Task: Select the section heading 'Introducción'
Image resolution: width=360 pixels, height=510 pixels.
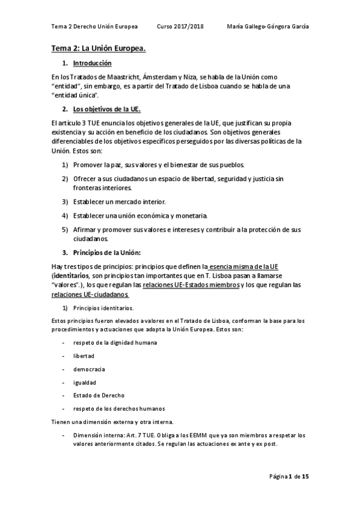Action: [x=91, y=63]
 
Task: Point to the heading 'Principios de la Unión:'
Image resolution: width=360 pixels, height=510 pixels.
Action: [x=107, y=253]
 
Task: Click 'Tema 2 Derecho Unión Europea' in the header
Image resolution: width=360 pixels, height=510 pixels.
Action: [x=94, y=27]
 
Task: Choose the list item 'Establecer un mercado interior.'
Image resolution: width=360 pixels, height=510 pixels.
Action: [x=120, y=201]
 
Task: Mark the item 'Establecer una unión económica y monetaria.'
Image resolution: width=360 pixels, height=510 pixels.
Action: [x=141, y=215]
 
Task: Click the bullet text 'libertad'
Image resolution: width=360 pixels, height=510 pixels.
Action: [x=84, y=355]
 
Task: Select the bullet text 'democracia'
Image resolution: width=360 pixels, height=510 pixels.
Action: [x=90, y=369]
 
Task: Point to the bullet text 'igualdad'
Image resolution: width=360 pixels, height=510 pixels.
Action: [x=85, y=382]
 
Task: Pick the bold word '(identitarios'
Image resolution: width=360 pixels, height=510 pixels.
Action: [x=73, y=275]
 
